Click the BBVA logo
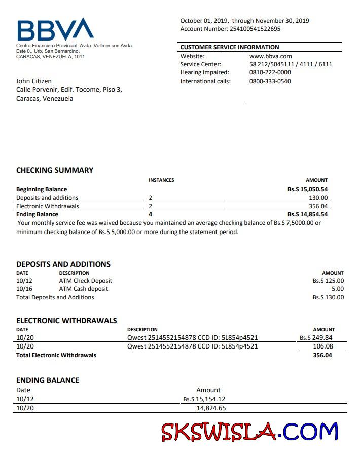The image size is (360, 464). [55, 29]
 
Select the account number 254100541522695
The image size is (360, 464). [255, 29]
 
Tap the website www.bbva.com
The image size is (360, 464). [271, 56]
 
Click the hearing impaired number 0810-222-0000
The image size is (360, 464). [270, 72]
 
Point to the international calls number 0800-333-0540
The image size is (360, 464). [270, 81]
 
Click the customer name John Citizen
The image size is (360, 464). [34, 81]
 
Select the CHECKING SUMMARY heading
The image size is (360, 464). [55, 170]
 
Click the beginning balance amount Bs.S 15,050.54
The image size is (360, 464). [307, 189]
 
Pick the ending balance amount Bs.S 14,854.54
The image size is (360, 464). [307, 214]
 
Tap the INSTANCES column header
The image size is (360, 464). [161, 180]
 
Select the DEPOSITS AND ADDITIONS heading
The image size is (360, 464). [63, 264]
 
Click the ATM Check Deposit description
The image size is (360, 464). [86, 281]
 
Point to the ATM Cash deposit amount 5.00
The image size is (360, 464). [337, 289]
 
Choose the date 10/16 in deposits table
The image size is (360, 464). [24, 289]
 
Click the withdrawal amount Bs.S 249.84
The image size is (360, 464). [316, 338]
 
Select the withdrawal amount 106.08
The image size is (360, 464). [323, 346]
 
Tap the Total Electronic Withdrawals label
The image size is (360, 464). [56, 355]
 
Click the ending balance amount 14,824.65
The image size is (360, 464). [211, 408]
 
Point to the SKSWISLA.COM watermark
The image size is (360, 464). [249, 432]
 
